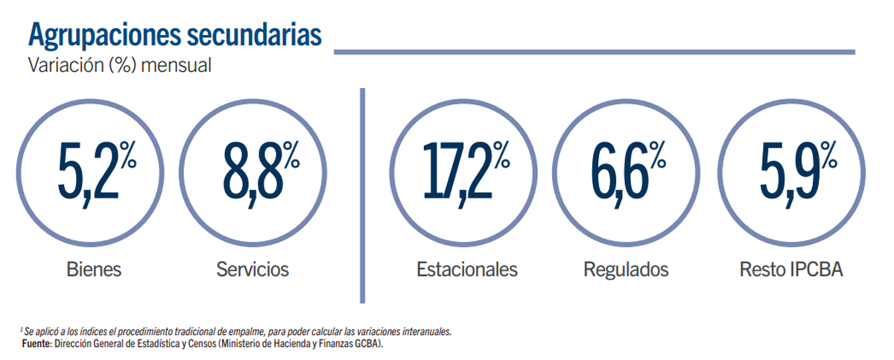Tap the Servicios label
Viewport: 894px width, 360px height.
(253, 269)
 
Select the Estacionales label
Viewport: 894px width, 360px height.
(467, 269)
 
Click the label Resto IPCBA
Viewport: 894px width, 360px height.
(791, 269)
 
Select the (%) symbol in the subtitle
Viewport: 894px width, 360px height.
(121, 66)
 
